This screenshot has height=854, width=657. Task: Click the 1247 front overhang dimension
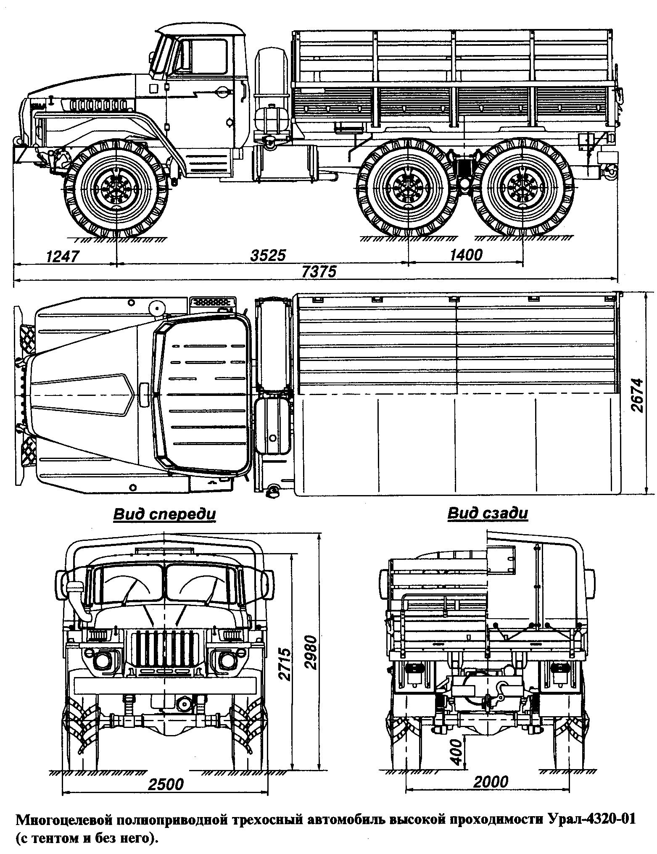[62, 256]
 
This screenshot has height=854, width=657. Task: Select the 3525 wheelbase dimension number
[268, 255]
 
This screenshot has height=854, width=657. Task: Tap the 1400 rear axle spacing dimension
[466, 255]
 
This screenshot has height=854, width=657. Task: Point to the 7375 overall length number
[319, 272]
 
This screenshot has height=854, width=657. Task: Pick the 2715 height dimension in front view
[285, 664]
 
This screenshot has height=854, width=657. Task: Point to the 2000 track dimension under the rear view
[491, 781]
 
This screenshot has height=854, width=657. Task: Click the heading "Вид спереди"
[164, 514]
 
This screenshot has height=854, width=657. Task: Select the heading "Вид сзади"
[487, 513]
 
